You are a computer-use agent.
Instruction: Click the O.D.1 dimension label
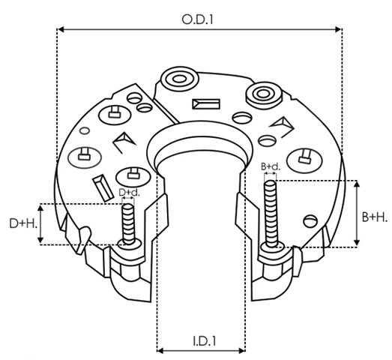click(198, 19)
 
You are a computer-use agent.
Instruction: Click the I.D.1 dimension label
click(205, 341)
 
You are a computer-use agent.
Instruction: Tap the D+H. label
click(23, 223)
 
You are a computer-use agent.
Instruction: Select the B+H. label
click(375, 217)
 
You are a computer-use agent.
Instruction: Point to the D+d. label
click(129, 193)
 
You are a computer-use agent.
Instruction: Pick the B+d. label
click(271, 166)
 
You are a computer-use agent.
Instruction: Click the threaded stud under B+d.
click(271, 215)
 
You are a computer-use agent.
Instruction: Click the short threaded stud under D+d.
click(129, 224)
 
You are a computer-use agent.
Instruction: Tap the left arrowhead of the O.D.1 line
click(61, 29)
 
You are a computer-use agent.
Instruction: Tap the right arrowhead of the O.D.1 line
click(338, 29)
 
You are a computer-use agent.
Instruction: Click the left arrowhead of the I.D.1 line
click(160, 350)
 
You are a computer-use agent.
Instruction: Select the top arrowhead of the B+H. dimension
click(357, 184)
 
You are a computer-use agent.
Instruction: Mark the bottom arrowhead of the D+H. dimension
click(40, 240)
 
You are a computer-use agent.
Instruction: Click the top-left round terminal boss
click(180, 79)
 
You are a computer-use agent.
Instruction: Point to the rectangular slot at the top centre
click(206, 104)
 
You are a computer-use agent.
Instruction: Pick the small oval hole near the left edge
click(85, 130)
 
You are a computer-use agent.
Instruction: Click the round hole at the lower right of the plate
click(310, 221)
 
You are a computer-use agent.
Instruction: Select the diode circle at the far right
click(304, 160)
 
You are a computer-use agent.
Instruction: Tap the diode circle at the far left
click(85, 157)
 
